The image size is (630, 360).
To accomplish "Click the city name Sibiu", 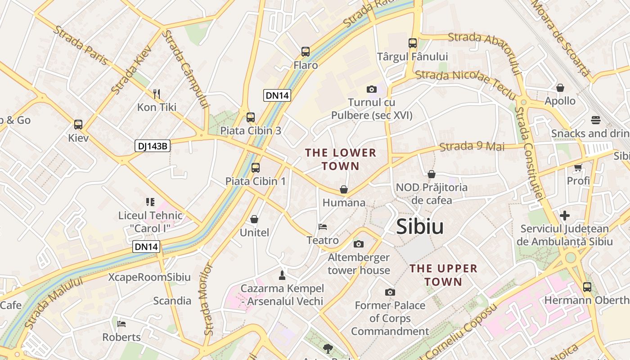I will [420, 227].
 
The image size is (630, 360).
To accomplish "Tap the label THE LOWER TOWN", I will [341, 159].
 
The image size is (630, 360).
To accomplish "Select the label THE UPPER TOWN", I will [443, 275].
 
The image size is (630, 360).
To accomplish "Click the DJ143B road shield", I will [152, 146].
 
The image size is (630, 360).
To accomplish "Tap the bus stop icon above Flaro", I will [306, 52].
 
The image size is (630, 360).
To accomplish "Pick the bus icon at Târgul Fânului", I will [413, 43].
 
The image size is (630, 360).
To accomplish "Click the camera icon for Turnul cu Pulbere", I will [372, 89].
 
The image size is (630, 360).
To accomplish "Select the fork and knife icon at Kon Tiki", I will [157, 94].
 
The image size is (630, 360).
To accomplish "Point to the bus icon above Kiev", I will [78, 125].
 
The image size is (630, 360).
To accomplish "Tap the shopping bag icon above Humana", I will [344, 189].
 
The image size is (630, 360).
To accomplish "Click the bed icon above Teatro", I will [323, 226].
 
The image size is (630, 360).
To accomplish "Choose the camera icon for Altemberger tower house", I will [359, 244].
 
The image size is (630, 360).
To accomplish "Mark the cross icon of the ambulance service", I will [565, 216].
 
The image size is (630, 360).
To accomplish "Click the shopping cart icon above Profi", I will [578, 168].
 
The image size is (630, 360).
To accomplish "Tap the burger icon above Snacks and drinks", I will [596, 120].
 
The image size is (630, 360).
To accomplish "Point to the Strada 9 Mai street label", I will [472, 147].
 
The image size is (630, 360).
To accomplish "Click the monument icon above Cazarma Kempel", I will [282, 275].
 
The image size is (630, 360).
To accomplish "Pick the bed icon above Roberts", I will [121, 324].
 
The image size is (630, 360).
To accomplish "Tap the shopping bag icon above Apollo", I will [560, 87].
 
